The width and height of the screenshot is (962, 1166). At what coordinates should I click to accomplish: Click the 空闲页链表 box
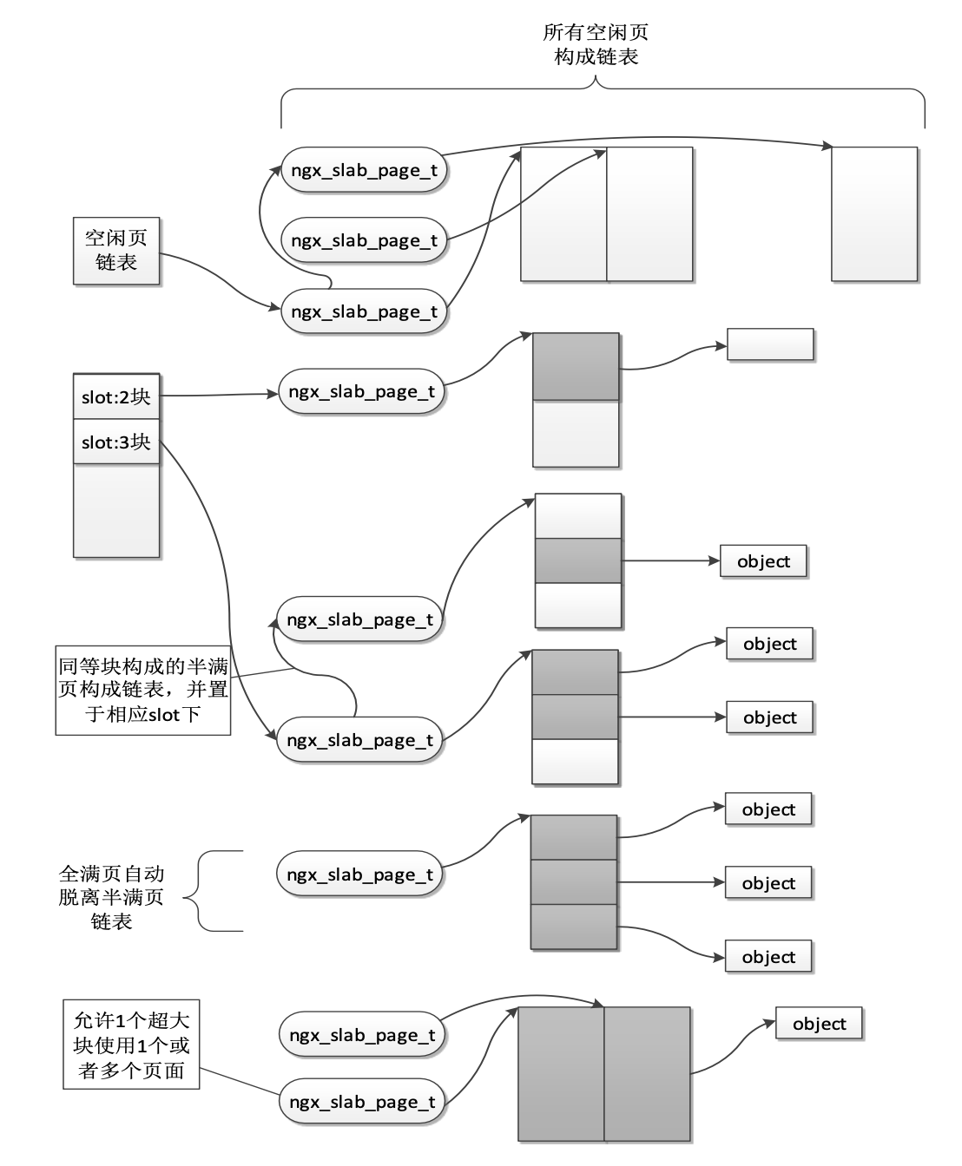point(116,251)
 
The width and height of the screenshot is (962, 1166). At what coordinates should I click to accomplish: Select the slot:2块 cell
point(116,397)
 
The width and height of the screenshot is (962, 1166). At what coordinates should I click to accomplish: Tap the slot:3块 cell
point(116,442)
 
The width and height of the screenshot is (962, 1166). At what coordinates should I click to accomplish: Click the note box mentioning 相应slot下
point(143,691)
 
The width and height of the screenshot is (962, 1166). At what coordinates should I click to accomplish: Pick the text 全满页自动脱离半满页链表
point(111,897)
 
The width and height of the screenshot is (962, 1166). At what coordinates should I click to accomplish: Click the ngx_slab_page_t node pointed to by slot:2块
point(361,392)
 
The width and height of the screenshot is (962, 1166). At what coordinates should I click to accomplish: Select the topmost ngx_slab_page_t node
point(364,170)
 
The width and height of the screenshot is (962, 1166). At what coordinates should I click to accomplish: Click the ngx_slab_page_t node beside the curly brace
point(359,875)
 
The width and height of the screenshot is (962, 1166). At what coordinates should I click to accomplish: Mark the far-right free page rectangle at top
point(874,214)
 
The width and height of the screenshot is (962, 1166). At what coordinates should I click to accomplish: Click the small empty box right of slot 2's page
point(770,344)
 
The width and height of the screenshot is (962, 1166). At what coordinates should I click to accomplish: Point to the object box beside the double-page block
point(819,1024)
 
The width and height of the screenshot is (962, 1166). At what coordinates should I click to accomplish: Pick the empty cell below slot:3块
point(116,510)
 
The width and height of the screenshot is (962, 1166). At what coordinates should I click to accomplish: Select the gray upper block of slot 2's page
point(576,367)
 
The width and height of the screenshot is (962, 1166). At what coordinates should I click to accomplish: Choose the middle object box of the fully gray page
point(768,883)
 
